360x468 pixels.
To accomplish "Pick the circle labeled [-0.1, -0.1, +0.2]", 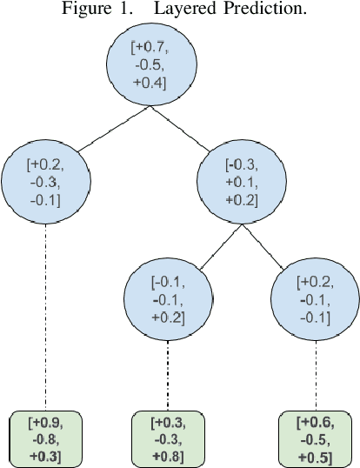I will [168, 299].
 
